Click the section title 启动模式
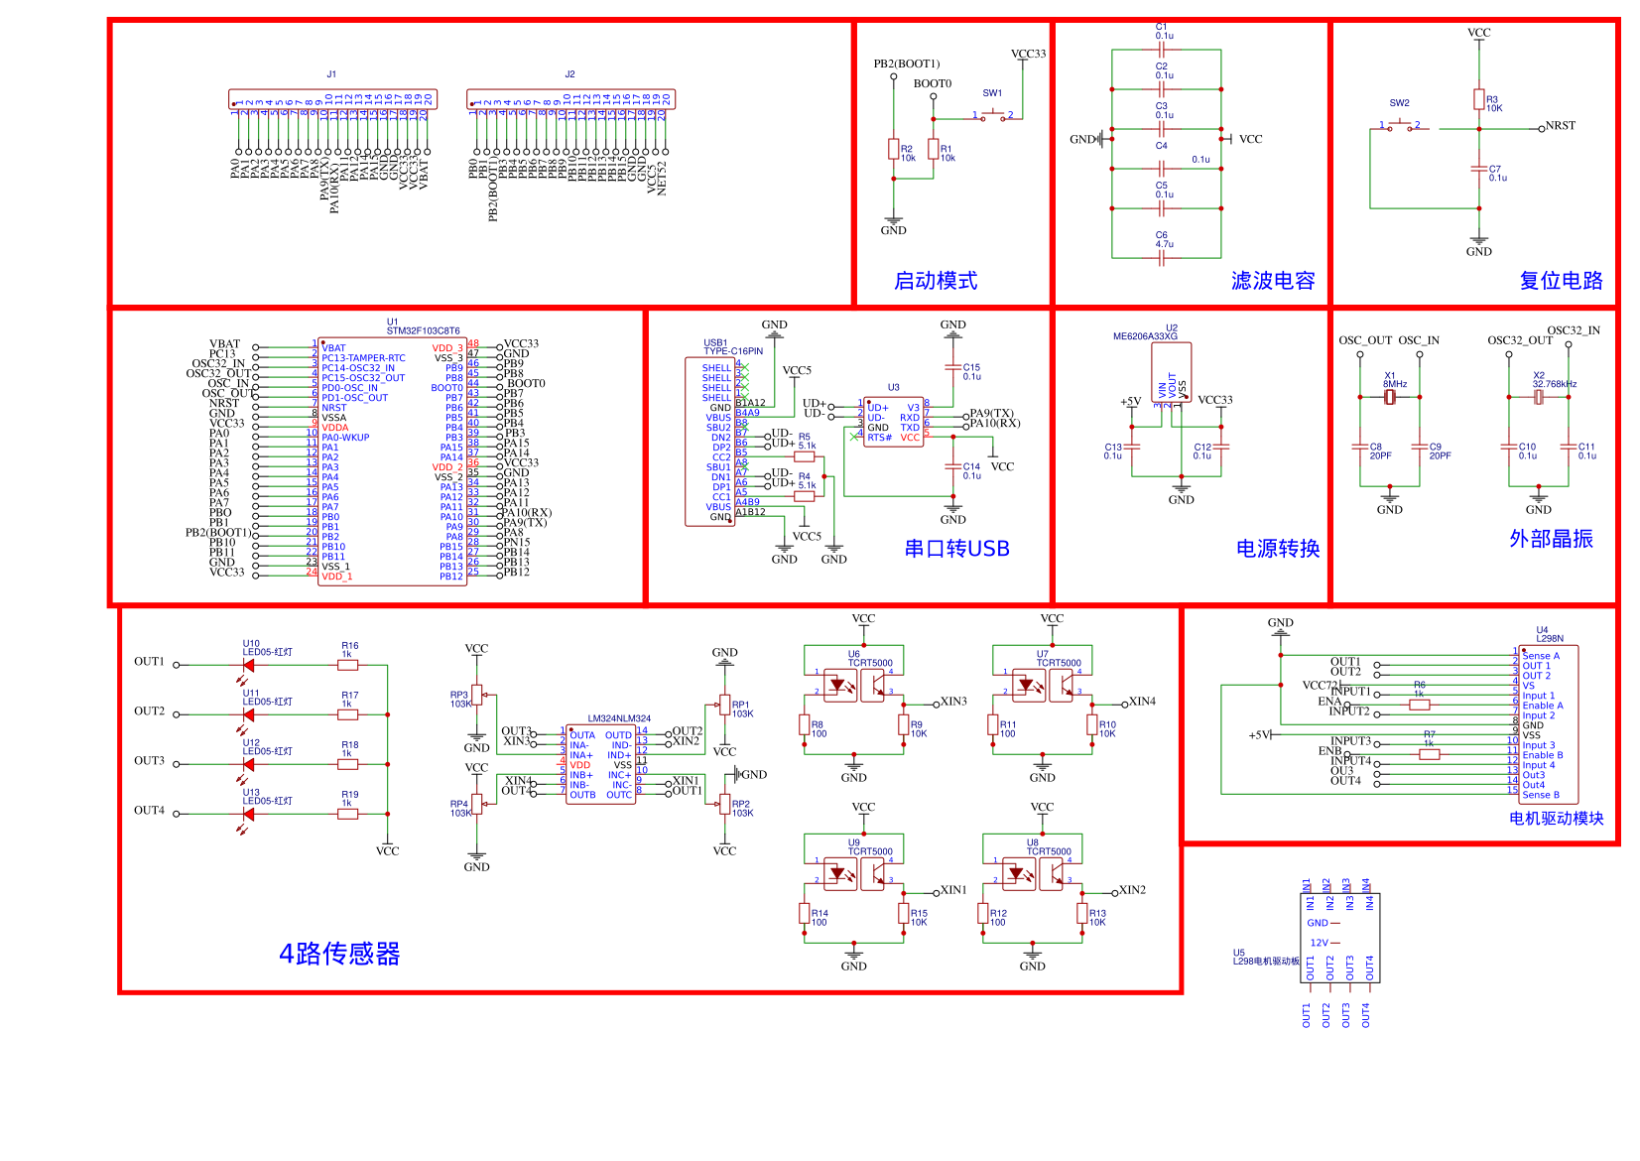pos(936,281)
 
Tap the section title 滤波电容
pos(1273,281)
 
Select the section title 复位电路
pos(1561,281)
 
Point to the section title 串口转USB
pos(956,549)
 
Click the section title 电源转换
pos(1277,549)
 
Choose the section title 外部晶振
pos(1551,539)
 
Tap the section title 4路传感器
pos(339,954)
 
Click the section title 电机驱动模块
pos(1556,819)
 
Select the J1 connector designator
pos(331,74)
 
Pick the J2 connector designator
pos(569,74)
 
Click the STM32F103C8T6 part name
pos(423,331)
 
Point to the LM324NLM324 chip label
pos(619,718)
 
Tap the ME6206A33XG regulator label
pos(1145,336)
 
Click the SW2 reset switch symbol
pos(1400,126)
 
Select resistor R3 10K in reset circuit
pos(1479,100)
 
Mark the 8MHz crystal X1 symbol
pos(1390,397)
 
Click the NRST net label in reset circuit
pos(1560,126)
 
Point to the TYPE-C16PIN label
pos(733,351)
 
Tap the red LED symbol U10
pos(248,665)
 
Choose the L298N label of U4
pos(1550,639)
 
